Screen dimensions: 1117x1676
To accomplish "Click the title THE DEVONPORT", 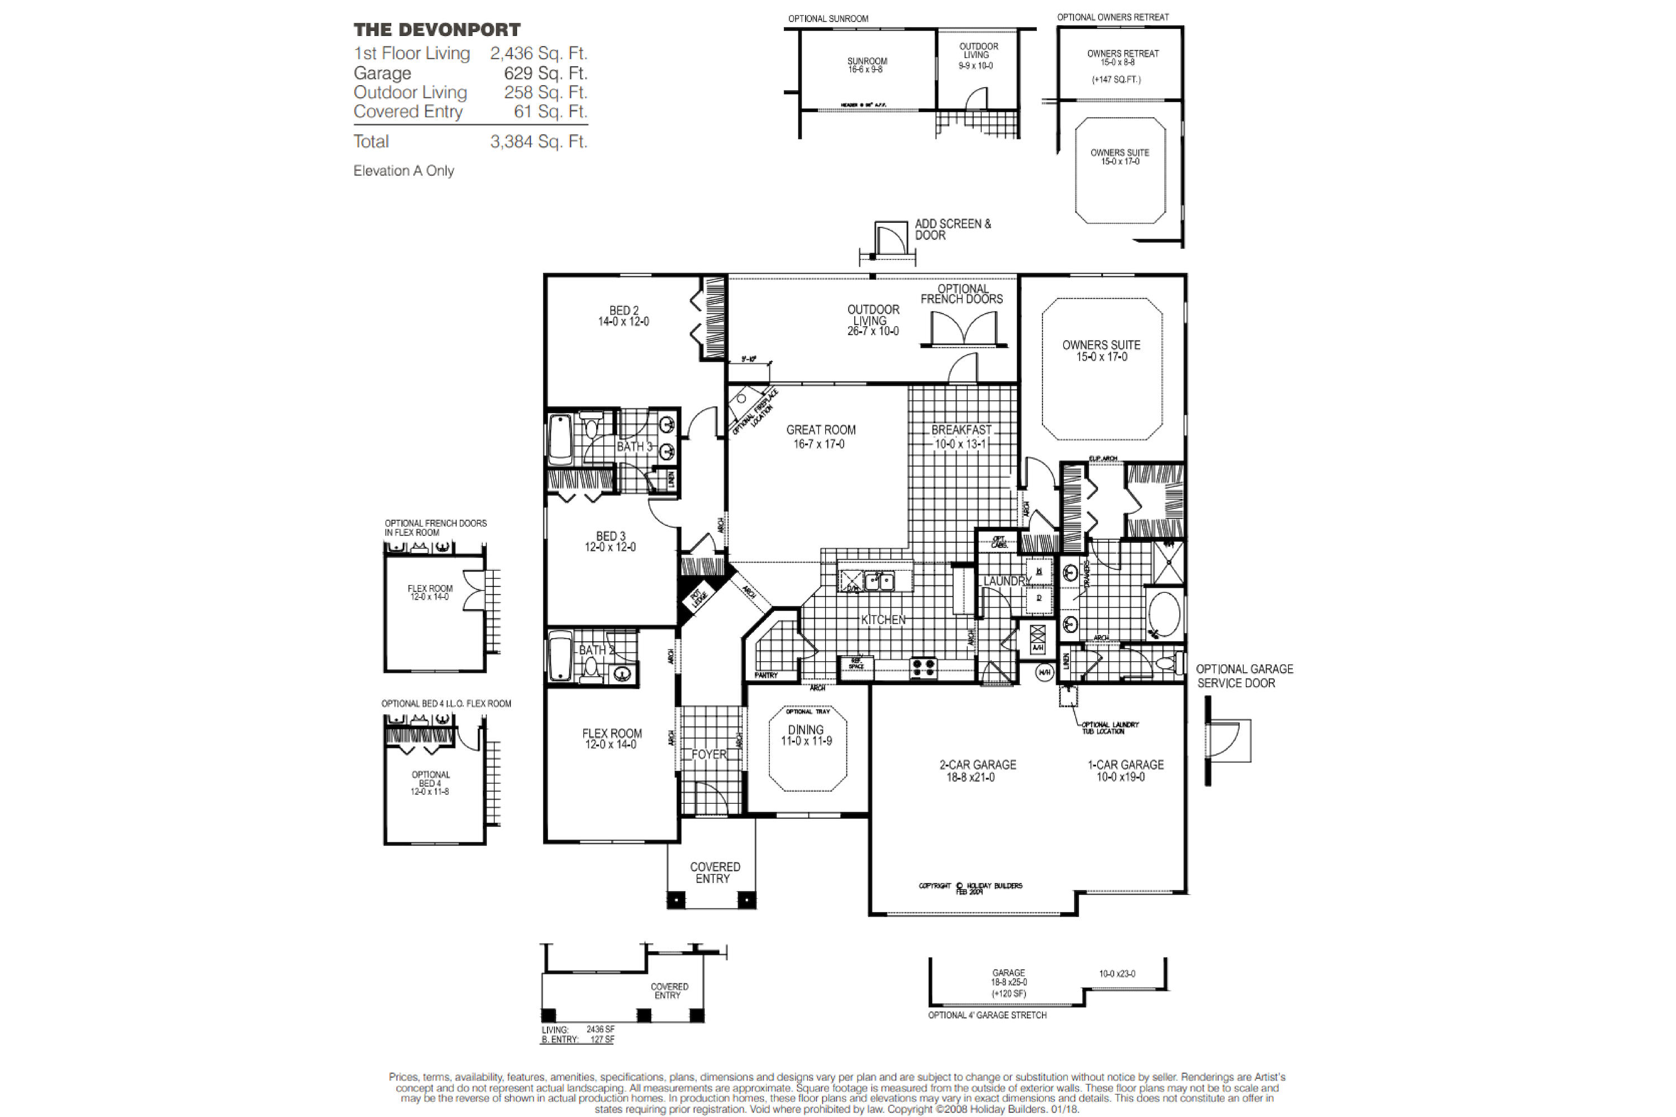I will point(437,30).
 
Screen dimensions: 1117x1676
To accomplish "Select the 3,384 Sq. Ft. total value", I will point(538,142).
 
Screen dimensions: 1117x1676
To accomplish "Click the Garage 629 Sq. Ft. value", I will point(545,73).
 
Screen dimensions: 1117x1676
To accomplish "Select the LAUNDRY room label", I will point(1006,581).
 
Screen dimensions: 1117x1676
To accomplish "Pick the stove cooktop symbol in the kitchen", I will point(923,667).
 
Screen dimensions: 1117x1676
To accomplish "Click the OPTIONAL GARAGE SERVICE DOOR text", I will point(1244,676).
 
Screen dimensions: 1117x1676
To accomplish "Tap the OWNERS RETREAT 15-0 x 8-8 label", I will point(1122,57).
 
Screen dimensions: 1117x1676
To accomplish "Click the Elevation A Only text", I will point(403,171).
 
